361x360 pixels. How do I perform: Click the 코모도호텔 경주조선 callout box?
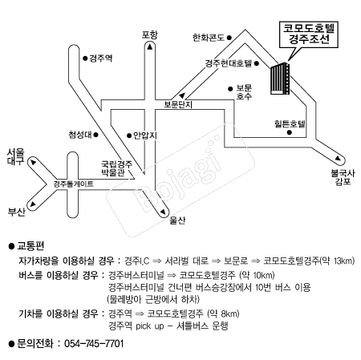tap(309, 34)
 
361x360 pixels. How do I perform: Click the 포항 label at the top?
tap(150, 34)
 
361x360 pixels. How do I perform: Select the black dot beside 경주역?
tap(85, 58)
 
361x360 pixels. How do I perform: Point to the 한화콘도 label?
tap(209, 38)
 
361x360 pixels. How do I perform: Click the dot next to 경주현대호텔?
tap(257, 63)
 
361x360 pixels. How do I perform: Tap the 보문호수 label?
tap(244, 92)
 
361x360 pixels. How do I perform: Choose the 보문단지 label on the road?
tap(178, 104)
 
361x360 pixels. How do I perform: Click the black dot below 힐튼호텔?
tap(290, 132)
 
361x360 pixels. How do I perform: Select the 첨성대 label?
tap(80, 135)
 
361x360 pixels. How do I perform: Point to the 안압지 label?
tap(145, 136)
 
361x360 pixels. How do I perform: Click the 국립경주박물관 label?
tap(117, 168)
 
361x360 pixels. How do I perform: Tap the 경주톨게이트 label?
tap(74, 184)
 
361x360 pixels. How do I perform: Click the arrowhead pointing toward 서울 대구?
tap(34, 162)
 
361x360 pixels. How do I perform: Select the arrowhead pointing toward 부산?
tap(33, 204)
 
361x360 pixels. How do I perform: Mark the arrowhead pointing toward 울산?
tap(163, 212)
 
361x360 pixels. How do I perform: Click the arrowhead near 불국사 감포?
tap(339, 158)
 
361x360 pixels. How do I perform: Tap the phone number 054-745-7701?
tap(94, 343)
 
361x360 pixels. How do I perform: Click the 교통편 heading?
tap(30, 245)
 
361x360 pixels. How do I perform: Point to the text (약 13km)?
tap(338, 261)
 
